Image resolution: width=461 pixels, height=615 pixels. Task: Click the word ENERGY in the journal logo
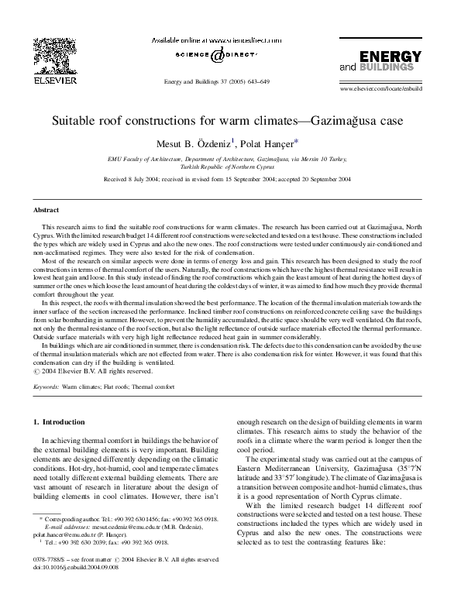click(x=391, y=58)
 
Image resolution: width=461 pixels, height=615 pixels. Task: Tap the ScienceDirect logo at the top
click(x=206, y=54)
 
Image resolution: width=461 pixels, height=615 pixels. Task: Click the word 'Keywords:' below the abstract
click(x=46, y=385)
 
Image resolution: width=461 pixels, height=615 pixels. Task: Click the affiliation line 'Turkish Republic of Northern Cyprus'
click(x=229, y=166)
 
